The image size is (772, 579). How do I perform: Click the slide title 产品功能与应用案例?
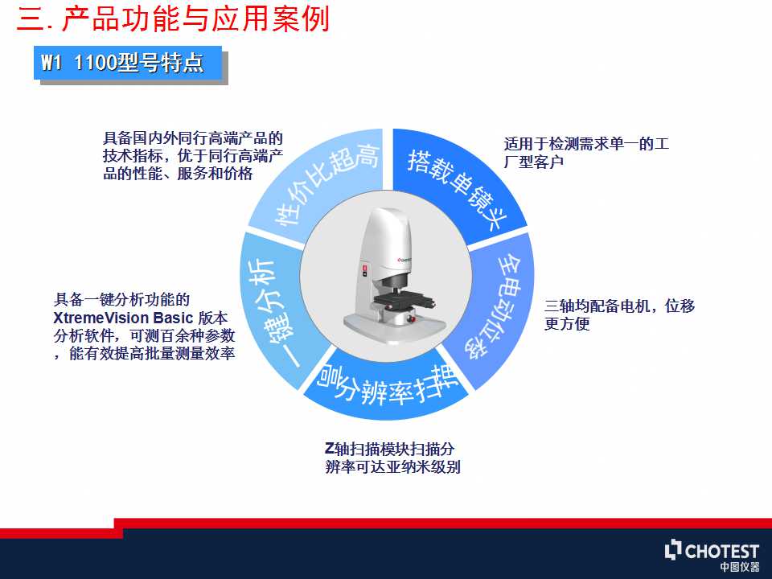point(195,19)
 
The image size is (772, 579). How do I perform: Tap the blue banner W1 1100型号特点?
point(128,63)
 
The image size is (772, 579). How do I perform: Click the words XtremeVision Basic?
point(122,318)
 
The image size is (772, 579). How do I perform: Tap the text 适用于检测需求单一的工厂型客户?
point(586,153)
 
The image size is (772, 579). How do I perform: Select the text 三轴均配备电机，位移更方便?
point(619,314)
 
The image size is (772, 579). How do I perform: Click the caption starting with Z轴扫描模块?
point(392,458)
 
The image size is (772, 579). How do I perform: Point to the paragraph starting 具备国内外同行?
point(192,155)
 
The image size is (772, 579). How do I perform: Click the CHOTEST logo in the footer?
point(712,551)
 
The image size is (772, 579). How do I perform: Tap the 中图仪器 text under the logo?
point(740,567)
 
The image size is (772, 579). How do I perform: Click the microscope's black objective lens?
point(396,284)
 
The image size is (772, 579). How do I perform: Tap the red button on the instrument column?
point(365,269)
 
